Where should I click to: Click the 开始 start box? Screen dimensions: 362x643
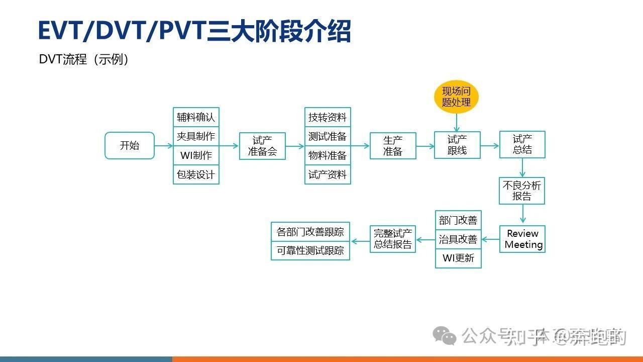(130, 146)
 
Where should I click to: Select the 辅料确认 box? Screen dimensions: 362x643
(196, 117)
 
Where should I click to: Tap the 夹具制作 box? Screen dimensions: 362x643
(196, 136)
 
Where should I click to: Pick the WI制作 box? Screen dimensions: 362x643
(196, 155)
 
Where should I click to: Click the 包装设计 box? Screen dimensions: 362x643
(196, 174)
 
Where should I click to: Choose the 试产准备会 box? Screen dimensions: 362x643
(262, 146)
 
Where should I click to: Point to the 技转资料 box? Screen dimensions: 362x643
(328, 117)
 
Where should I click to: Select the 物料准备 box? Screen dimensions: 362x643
(328, 156)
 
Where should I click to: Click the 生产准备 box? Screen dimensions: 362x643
(393, 146)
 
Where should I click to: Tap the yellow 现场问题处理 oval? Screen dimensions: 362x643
(456, 97)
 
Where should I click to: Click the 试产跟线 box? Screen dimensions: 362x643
(457, 145)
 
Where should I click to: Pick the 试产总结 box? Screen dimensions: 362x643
(522, 145)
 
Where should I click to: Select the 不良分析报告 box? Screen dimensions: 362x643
(522, 191)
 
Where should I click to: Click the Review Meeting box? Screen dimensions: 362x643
(522, 239)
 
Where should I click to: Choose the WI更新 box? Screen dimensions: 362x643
(458, 258)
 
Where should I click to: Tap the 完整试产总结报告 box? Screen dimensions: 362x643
(393, 239)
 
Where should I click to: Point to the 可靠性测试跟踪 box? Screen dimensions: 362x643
(310, 250)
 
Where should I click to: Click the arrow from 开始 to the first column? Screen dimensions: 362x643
(163, 146)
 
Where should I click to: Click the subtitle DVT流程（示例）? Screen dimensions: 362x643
(84, 59)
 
